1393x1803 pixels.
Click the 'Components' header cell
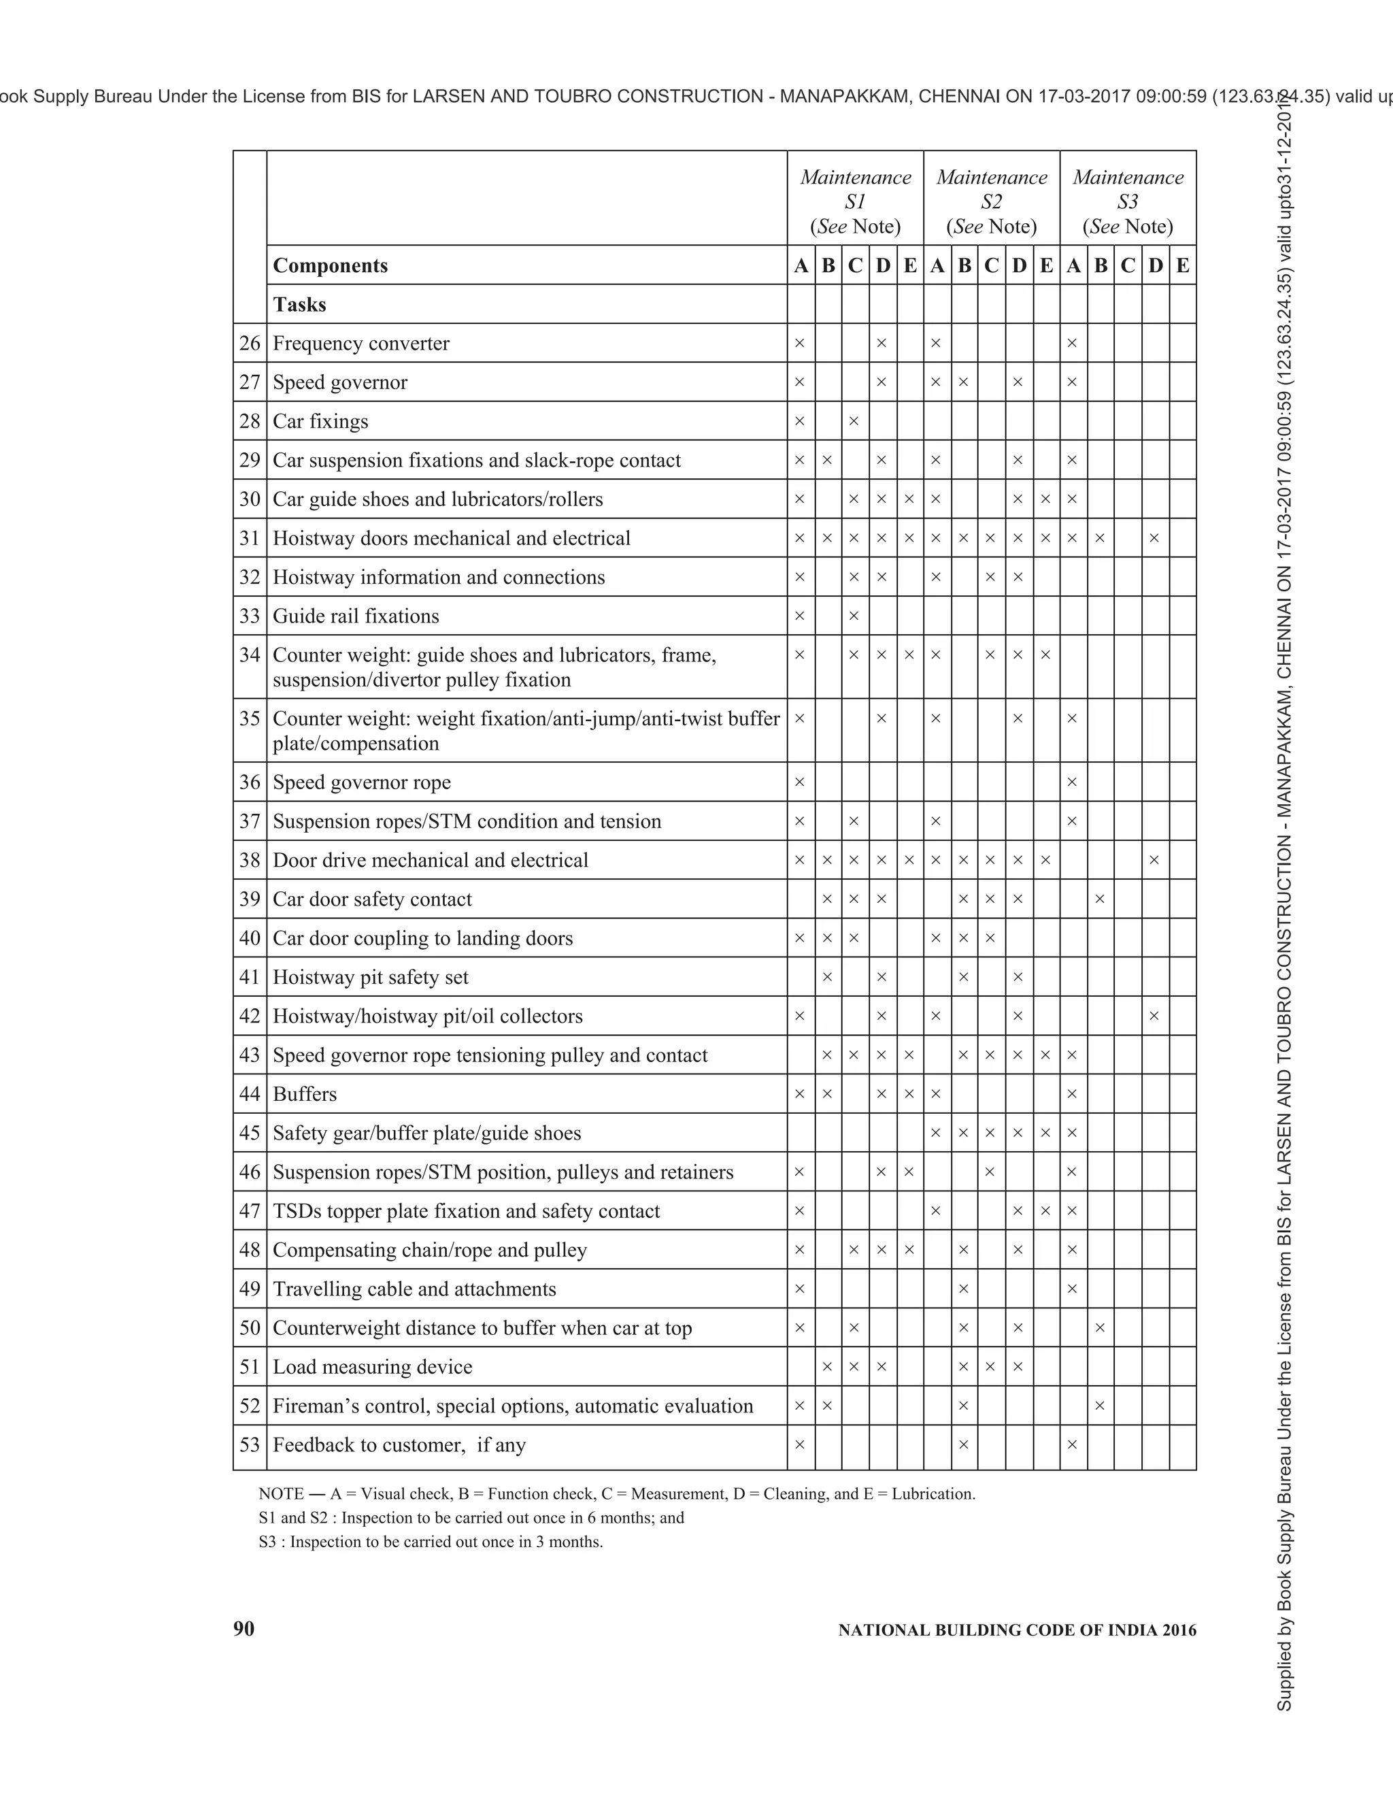(330, 266)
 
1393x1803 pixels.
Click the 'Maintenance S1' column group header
(855, 201)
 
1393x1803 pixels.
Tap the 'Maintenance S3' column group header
(1127, 201)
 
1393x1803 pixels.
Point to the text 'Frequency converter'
(360, 344)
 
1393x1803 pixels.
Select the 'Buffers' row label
(305, 1094)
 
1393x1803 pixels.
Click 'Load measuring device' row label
(372, 1366)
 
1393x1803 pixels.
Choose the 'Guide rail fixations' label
(356, 616)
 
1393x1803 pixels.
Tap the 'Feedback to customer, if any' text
(399, 1444)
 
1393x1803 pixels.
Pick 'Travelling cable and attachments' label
(414, 1289)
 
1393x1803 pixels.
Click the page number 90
(244, 1628)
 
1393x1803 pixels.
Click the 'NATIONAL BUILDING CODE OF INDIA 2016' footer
(1017, 1630)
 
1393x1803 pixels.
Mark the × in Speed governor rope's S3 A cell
(1072, 782)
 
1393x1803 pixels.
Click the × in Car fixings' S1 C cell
(854, 421)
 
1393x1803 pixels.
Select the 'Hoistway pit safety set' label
(371, 978)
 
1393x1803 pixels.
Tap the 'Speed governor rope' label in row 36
(361, 782)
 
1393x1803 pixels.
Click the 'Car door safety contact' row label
(372, 899)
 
